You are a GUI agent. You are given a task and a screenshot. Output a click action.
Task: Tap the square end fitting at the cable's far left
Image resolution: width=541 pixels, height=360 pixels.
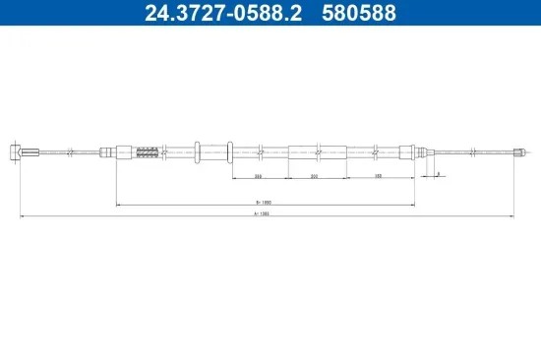coord(15,151)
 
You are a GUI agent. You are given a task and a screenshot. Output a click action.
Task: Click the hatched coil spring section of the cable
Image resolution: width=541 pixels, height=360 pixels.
coord(147,151)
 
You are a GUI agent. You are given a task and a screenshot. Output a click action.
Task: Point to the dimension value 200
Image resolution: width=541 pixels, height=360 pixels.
coord(315,176)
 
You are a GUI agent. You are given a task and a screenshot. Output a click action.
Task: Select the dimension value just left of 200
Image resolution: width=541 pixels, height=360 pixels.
coord(258,176)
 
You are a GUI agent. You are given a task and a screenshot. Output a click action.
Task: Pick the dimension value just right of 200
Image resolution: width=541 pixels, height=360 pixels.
coord(379,176)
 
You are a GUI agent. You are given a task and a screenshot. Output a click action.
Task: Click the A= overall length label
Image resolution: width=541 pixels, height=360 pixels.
coord(261,213)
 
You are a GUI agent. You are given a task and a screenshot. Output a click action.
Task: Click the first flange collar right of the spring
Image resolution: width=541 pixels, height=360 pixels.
coord(200,151)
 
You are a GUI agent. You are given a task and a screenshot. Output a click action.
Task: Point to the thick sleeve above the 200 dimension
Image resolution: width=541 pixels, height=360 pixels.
coord(318,151)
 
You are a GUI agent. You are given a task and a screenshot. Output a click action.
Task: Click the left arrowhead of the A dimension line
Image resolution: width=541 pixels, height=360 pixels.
coord(22,215)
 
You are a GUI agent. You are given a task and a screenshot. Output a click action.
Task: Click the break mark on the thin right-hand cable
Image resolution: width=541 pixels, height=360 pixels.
coord(474,151)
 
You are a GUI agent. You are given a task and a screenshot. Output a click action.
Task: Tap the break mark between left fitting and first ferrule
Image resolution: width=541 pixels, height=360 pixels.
coord(72,151)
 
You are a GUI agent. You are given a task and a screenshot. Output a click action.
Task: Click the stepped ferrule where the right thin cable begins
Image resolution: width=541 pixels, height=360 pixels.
coord(419,151)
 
